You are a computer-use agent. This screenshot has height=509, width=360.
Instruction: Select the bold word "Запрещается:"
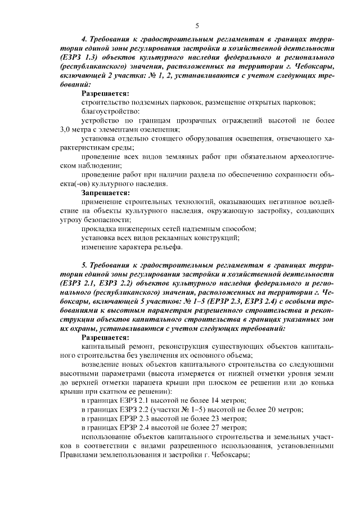coord(105,192)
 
